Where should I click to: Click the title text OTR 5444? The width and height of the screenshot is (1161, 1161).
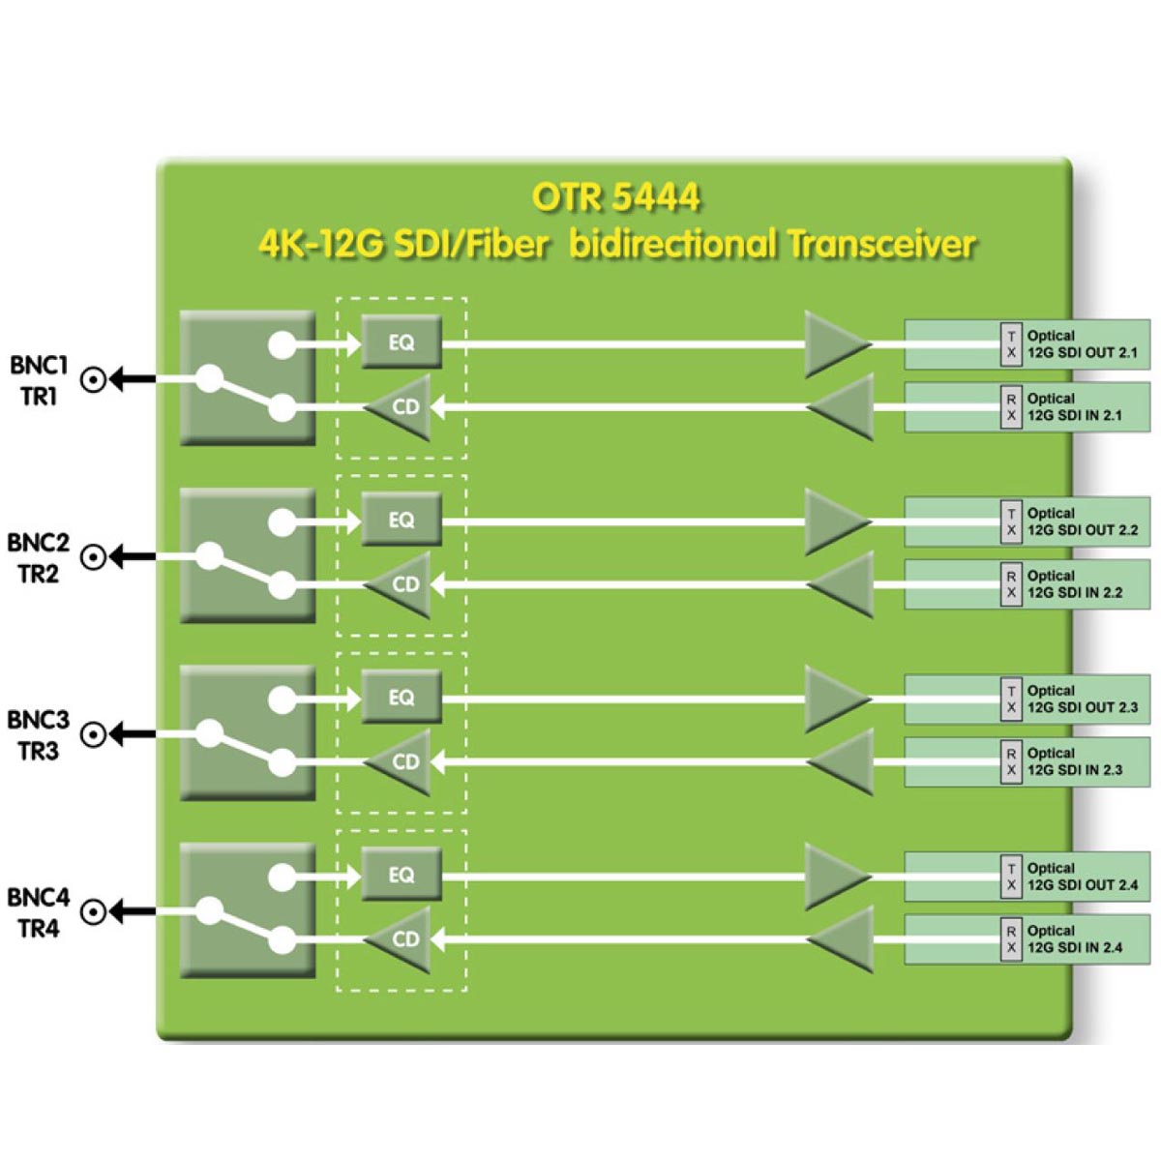pos(615,197)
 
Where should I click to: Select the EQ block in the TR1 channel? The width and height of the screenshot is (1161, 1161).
pos(402,342)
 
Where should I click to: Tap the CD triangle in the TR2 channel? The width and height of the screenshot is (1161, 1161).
pos(402,584)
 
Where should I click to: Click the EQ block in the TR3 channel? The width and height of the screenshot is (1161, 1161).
pos(402,697)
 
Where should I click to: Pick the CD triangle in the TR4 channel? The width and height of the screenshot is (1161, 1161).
pos(402,938)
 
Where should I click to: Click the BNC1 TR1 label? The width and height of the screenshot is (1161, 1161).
pos(39,380)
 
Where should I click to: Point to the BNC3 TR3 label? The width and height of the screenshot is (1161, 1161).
pos(39,735)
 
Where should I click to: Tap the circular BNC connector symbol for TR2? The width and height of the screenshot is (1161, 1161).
pos(93,557)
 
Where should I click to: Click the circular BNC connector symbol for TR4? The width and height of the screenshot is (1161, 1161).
pos(93,912)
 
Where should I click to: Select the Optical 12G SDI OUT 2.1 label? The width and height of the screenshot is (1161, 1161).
pos(1082,344)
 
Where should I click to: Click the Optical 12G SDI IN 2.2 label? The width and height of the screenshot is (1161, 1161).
pos(1074,584)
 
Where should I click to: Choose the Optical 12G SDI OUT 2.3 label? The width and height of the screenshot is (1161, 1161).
pos(1082,699)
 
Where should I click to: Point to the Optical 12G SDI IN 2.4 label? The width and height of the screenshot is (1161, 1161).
pos(1074,939)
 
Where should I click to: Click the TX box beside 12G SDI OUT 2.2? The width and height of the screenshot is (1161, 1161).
pos(1011,522)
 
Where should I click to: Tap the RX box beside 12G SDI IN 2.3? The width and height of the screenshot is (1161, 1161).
pos(1011,761)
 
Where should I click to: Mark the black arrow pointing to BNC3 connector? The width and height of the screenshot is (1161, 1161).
pos(133,734)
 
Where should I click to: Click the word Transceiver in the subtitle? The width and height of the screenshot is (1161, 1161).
pos(880,243)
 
